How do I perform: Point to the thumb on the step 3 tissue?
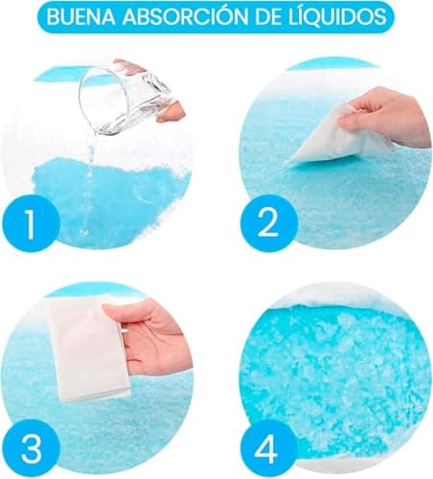(131, 313)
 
